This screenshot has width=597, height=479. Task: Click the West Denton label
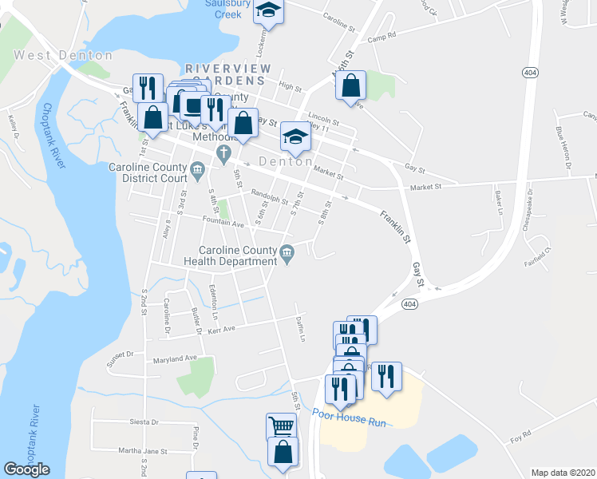(x=63, y=55)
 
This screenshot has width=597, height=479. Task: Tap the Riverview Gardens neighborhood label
(x=228, y=74)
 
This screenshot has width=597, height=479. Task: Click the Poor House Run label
(x=350, y=414)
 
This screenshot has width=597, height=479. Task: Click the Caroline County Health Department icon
(x=287, y=254)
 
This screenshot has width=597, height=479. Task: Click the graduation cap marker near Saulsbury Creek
(x=268, y=11)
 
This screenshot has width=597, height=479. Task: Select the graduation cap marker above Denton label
(x=295, y=137)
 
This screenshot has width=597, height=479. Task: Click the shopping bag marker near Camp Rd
(x=351, y=85)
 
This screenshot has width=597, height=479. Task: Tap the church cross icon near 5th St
(x=225, y=152)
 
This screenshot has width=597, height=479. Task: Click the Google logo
(x=26, y=469)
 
